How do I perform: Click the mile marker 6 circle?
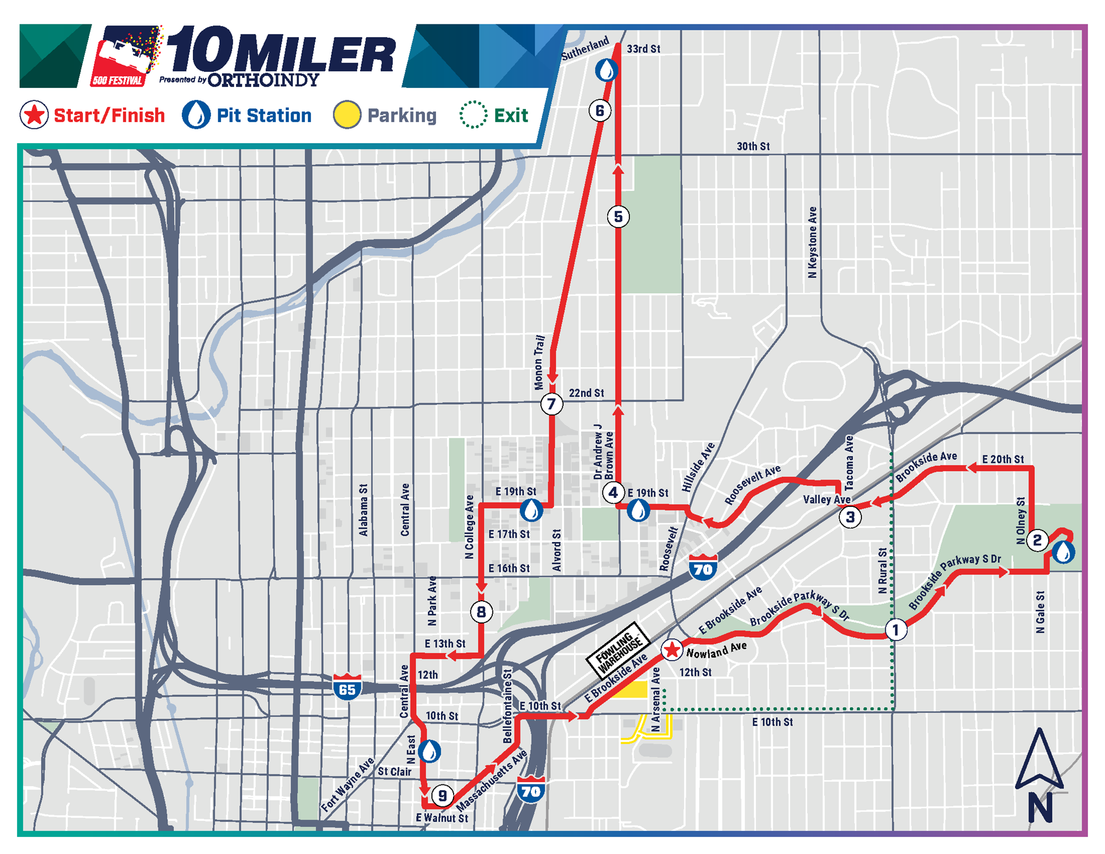599,111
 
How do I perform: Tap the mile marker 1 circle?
896,630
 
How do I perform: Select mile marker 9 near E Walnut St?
442,796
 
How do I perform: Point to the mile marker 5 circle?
618,217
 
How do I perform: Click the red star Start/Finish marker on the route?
672,650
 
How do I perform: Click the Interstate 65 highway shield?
347,687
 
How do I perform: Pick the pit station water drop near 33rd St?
606,70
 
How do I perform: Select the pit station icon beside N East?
429,751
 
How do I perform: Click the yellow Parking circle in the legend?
347,115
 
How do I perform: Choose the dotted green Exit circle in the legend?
473,115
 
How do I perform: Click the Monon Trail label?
539,362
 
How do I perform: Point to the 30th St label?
753,146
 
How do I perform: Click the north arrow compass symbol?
1039,774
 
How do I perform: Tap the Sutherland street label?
585,48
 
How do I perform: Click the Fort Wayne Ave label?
348,784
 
